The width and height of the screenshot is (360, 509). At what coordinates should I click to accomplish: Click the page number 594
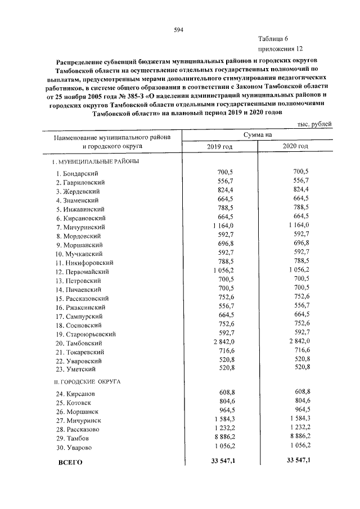click(x=179, y=30)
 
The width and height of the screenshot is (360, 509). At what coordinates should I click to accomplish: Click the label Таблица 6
click(x=273, y=39)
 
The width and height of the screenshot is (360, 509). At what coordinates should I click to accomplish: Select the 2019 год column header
click(x=220, y=146)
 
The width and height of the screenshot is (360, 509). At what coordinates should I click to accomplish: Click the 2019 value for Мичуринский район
click(x=223, y=226)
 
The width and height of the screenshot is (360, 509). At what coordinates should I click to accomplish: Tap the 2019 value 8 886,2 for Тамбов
click(x=223, y=437)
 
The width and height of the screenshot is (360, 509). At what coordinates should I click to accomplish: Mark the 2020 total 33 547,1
click(x=298, y=461)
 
